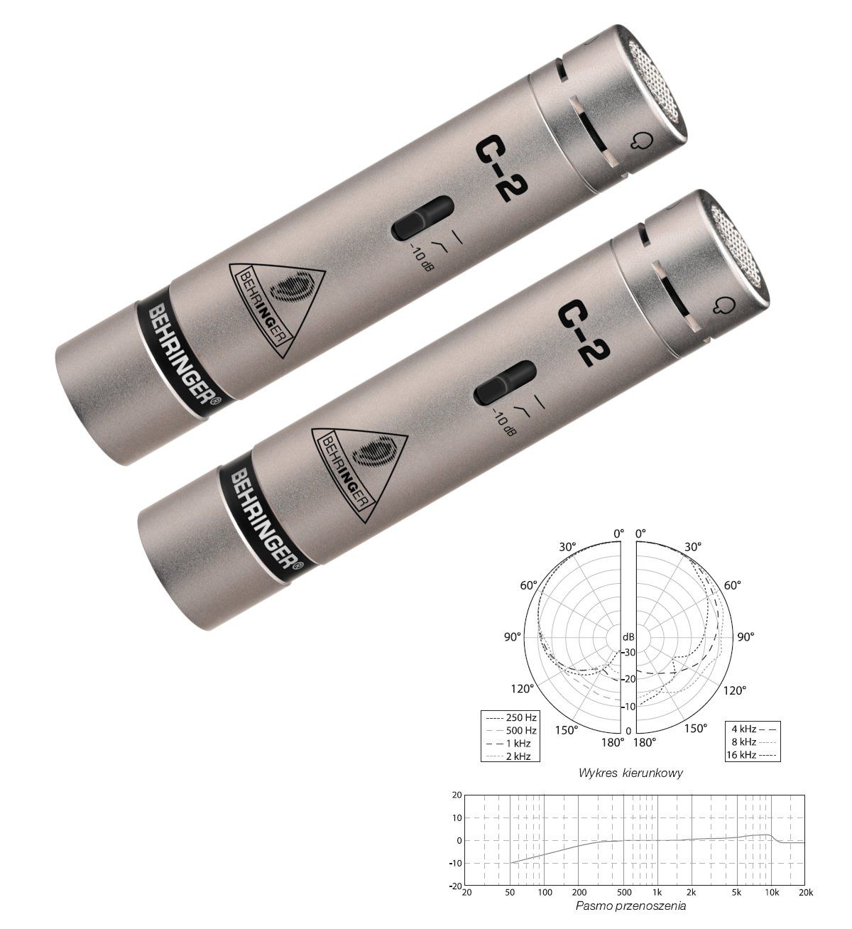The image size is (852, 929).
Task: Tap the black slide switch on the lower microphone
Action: click(x=505, y=383)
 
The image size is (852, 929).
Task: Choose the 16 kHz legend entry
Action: click(x=752, y=754)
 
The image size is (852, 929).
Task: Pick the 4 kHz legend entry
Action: click(x=752, y=729)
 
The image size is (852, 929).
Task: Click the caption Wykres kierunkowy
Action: click(x=630, y=773)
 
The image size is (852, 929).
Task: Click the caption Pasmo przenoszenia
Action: click(x=630, y=906)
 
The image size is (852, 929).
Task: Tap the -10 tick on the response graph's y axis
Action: click(x=453, y=863)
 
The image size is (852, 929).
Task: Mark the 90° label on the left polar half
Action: click(x=513, y=637)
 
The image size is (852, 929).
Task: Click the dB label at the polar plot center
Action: click(x=628, y=636)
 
